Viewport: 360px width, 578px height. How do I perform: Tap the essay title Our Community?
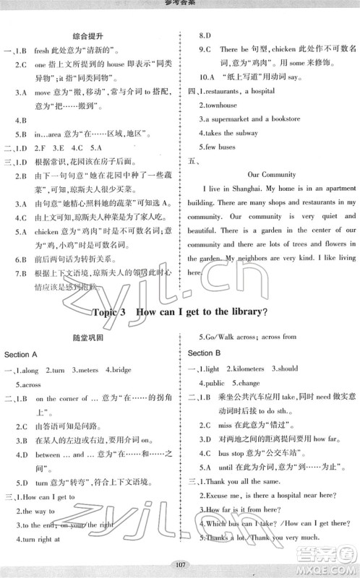click(272, 174)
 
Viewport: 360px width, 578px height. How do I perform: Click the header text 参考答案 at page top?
click(179, 4)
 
